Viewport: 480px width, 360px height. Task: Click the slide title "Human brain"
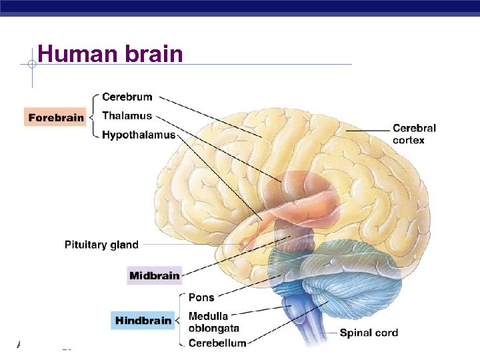110,53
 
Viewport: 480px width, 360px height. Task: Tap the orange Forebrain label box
56,117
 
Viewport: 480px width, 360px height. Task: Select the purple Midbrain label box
154,275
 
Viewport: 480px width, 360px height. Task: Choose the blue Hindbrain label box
143,321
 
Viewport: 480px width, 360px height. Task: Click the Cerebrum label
127,97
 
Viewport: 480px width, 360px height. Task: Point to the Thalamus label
127,116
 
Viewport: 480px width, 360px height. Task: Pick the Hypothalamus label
139,135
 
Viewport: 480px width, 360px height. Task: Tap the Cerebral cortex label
413,134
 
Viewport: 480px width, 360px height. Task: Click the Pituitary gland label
101,245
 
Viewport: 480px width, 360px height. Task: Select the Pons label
201,297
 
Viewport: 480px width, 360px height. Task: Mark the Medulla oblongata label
213,322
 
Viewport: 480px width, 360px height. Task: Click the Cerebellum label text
217,343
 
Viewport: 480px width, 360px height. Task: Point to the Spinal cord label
369,333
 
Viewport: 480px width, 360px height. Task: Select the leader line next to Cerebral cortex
367,131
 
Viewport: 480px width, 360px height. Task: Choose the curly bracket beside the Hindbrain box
180,320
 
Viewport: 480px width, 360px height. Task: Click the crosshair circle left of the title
31,65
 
